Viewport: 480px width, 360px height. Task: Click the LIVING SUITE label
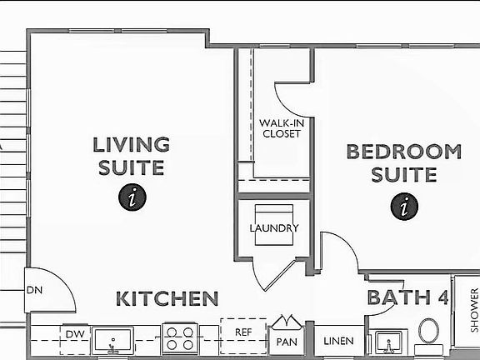point(131,156)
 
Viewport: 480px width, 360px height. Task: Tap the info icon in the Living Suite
point(132,197)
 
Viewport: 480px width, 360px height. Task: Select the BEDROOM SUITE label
point(403,162)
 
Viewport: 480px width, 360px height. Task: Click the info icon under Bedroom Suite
point(404,205)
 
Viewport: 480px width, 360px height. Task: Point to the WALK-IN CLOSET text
point(281,127)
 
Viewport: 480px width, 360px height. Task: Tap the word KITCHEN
point(167,298)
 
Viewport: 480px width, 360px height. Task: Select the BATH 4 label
point(407,297)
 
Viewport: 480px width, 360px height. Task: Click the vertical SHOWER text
point(474,308)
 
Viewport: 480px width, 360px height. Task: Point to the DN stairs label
point(34,291)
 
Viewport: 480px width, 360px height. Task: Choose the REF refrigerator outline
point(243,332)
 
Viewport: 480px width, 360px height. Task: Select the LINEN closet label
point(338,341)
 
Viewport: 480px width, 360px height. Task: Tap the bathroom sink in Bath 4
point(387,342)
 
